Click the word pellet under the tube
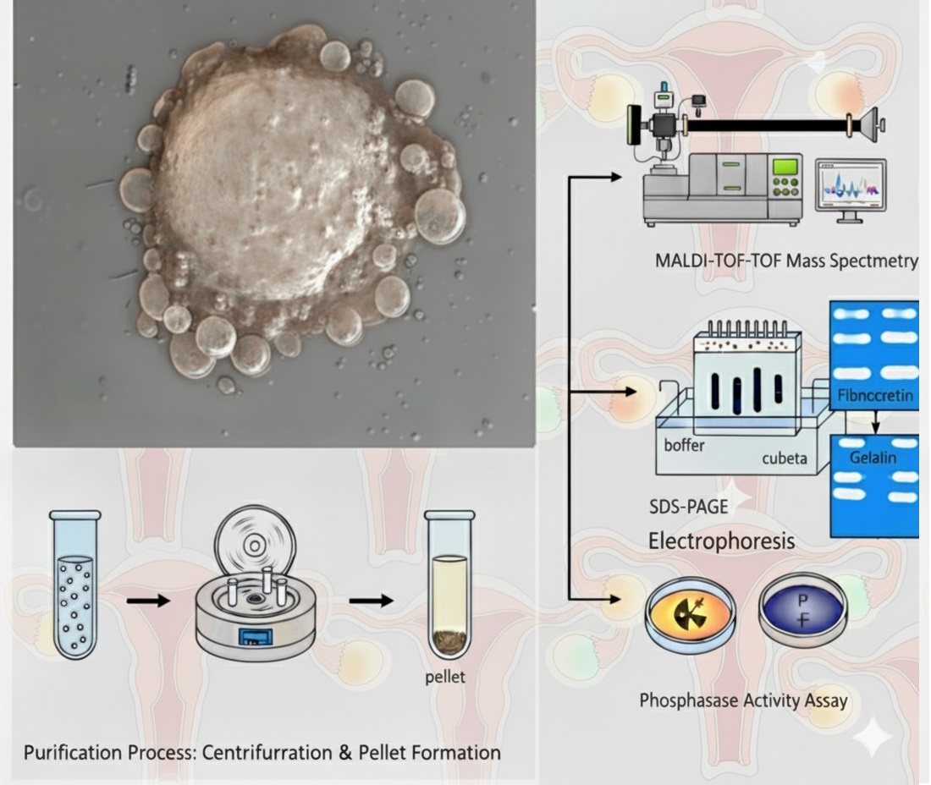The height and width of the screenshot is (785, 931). pos(445,677)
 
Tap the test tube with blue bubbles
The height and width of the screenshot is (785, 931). pos(74,584)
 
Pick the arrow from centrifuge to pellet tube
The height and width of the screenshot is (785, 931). pos(371,601)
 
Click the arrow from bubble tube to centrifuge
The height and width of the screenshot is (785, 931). pos(148,601)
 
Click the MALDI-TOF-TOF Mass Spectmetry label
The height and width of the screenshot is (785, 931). pos(786,261)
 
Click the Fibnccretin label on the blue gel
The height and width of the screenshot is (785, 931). pos(875,395)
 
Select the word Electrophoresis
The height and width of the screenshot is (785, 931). pos(721,540)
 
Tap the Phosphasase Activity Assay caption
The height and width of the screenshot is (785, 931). pos(743,700)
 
